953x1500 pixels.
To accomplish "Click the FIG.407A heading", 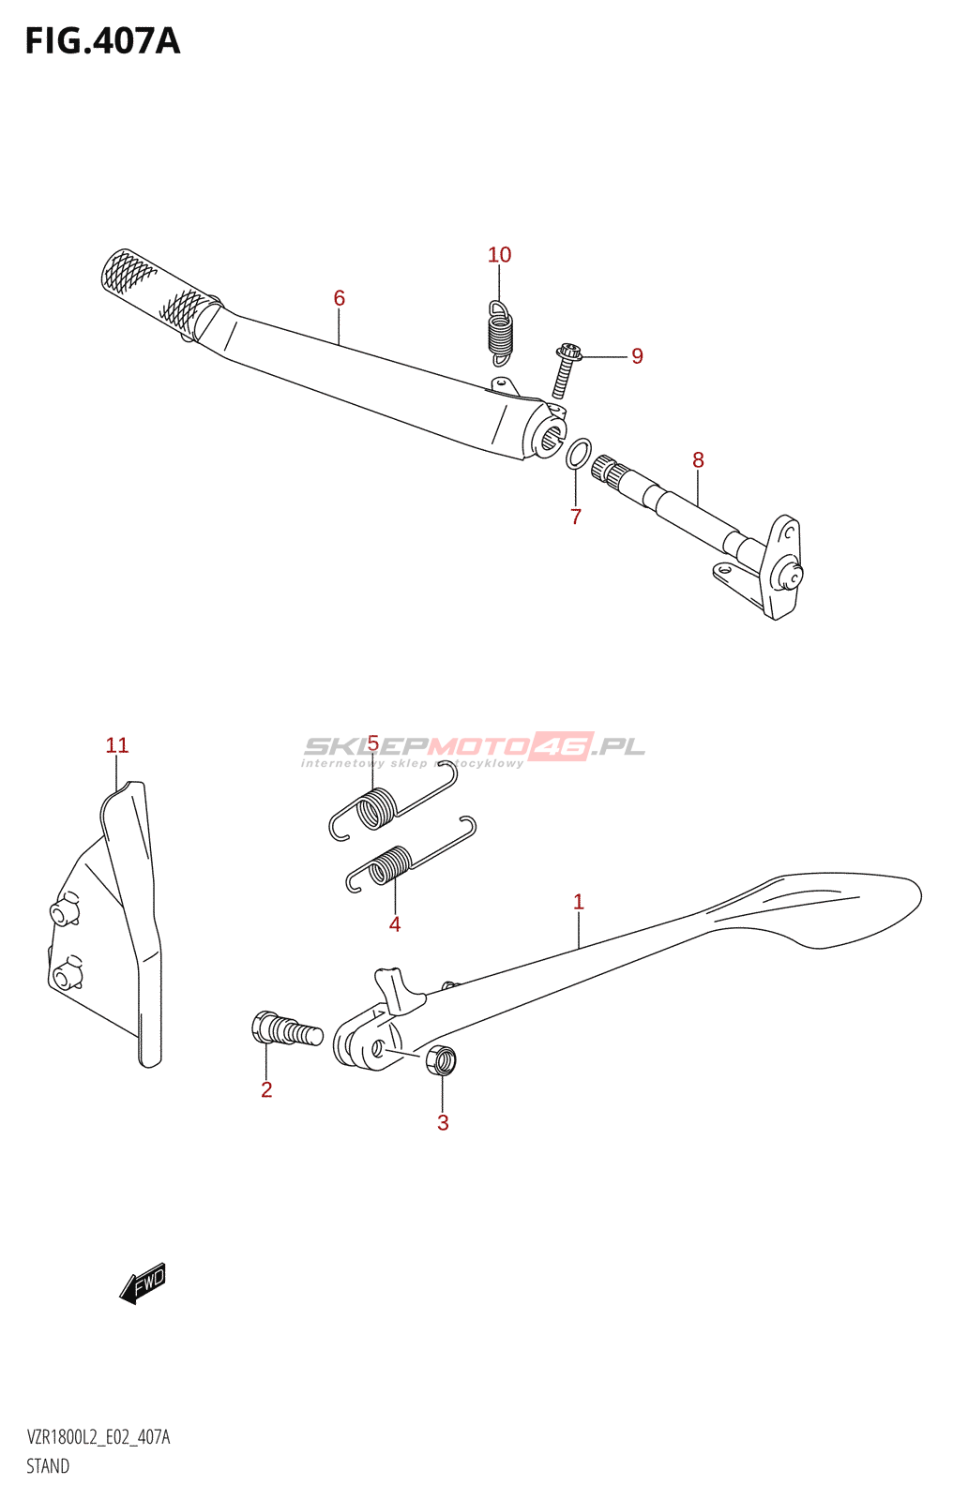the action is [x=102, y=41].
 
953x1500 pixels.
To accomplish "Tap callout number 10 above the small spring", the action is [x=499, y=254].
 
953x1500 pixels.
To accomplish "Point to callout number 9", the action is [x=637, y=356].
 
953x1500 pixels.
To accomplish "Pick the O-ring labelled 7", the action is [x=579, y=455].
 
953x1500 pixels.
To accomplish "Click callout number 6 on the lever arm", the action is [x=340, y=298].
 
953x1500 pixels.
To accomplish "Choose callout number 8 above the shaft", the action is [x=698, y=460].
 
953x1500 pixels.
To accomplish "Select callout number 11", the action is [x=116, y=745].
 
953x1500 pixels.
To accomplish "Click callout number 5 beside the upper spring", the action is [x=372, y=742].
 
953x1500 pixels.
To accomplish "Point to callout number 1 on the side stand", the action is [x=579, y=902].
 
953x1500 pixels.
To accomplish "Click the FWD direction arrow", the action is [x=142, y=1283].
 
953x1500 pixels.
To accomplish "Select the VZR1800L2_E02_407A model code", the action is [x=98, y=1437].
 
